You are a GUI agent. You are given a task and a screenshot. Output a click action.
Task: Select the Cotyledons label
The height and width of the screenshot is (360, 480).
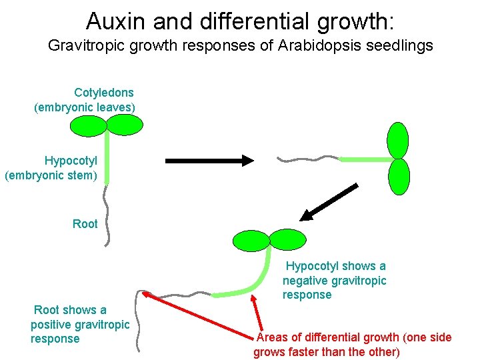coord(104,93)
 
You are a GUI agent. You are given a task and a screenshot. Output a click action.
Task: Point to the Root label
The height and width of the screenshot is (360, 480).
coord(85,224)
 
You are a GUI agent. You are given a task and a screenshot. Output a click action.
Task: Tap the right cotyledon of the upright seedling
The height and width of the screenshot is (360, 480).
coord(125,125)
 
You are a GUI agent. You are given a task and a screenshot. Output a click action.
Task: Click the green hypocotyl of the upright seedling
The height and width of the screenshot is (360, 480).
coord(107,157)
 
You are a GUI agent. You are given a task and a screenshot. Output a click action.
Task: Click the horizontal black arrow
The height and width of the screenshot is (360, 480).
coord(209,160)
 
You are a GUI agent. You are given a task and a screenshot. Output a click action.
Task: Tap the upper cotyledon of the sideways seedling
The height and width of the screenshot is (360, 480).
coord(398,140)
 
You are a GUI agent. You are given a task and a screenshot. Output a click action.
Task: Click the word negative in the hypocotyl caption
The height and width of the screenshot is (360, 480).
coord(304,281)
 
